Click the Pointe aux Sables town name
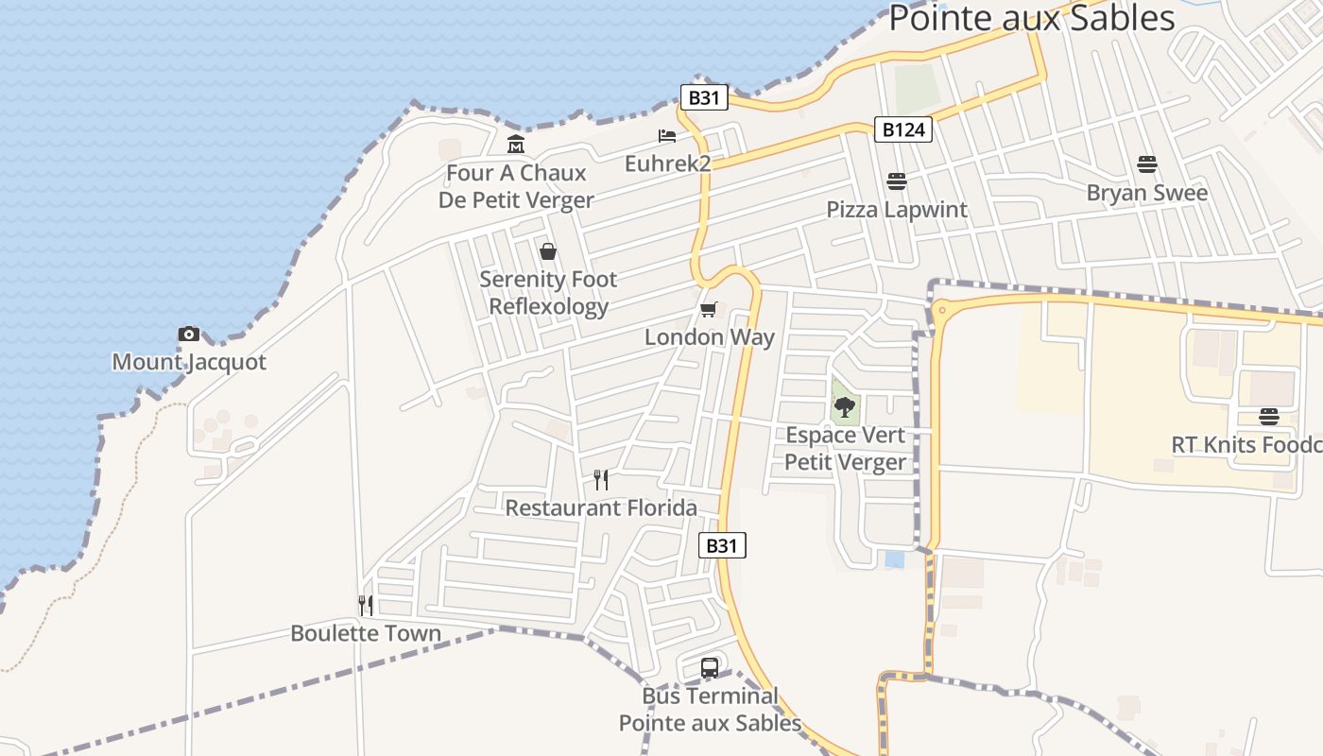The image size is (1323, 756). pos(1031,18)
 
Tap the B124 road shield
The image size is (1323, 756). pos(902,129)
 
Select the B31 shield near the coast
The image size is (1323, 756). pos(704,97)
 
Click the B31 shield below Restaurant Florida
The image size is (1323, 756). pos(722,545)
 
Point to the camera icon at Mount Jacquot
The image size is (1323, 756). pos(189,334)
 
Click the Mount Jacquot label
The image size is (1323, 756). pos(189,362)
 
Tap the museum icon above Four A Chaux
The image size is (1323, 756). pos(516,145)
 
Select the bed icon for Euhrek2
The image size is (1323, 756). pos(667,136)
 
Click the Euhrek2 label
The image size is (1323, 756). pos(667,163)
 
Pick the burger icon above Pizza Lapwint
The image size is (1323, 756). pos(897,180)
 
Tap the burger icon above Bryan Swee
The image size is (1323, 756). pos(1147,164)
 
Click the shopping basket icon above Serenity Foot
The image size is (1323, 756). pos(547,251)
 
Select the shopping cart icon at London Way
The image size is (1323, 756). pos(709,309)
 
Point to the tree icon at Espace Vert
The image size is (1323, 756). pos(845,407)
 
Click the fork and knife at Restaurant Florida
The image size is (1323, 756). pos(601,480)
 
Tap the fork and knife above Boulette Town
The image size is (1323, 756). pos(366,605)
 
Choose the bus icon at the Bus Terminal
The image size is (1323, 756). pos(710,668)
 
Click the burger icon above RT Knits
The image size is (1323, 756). pos(1269,417)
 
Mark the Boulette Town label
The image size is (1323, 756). pos(366,633)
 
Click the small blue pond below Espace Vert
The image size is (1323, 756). pos(894,559)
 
